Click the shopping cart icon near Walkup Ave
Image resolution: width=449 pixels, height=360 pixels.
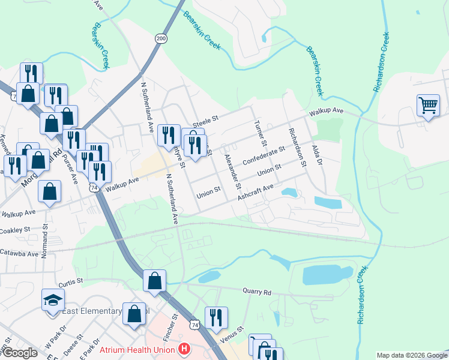coord(428,106)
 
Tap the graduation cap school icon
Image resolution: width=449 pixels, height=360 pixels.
coord(53,299)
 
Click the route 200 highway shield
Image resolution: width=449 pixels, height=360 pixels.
coord(161,38)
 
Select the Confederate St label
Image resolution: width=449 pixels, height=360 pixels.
coord(264,155)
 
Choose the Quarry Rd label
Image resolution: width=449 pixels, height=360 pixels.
coord(257,292)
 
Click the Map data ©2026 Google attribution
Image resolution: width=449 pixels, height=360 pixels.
coord(411,355)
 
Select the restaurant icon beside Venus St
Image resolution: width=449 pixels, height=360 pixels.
coord(216,318)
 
